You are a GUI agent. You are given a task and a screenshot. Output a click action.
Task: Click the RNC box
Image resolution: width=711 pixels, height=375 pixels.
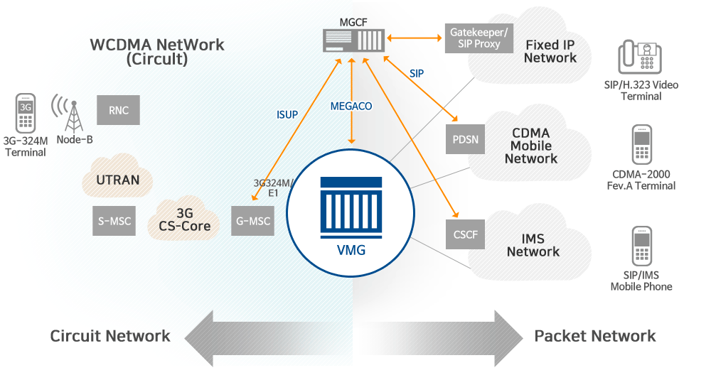119,111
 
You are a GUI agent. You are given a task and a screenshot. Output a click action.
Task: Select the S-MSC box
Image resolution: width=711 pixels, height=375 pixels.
114,221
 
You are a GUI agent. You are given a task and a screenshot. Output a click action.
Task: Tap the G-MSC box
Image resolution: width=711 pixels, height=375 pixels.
253,221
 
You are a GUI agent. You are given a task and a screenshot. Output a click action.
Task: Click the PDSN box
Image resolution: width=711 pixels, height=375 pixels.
466,139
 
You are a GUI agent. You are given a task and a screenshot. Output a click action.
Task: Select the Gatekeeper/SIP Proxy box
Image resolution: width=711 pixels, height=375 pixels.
479,38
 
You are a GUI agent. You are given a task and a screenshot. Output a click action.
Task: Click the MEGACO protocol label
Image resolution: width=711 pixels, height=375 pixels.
351,107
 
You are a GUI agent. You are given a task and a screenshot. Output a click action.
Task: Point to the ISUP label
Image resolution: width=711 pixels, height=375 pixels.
287,114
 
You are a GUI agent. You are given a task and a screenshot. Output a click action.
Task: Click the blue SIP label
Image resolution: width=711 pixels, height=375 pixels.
417,73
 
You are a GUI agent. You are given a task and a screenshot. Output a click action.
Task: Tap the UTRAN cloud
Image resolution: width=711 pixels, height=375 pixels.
118,180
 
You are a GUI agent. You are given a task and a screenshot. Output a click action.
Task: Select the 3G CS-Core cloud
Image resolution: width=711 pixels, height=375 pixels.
184,219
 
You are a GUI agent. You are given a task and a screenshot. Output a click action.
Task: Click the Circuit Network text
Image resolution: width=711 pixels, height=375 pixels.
110,336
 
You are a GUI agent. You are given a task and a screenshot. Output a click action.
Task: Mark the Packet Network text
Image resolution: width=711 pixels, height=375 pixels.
595,336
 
